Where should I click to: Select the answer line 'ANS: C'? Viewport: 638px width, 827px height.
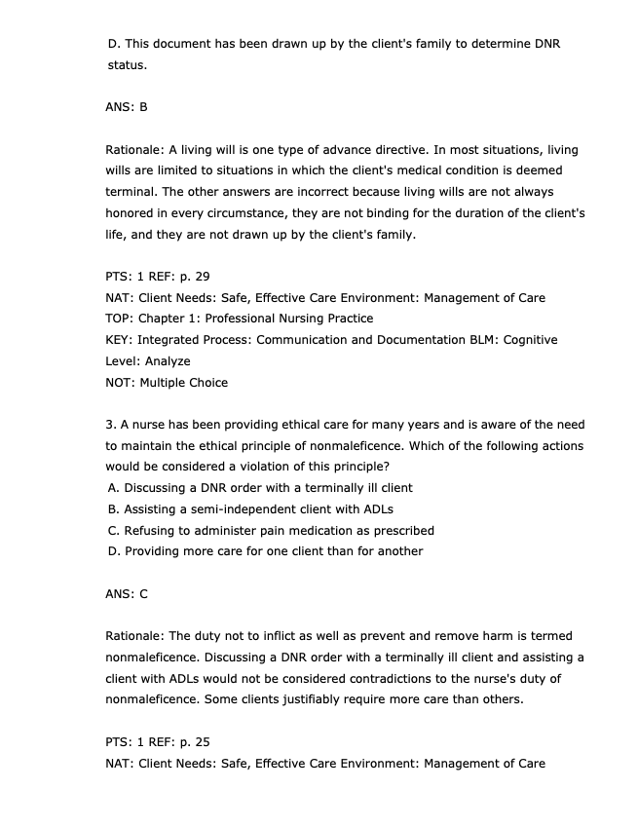pos(126,593)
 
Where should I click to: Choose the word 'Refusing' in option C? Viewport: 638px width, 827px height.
pos(150,531)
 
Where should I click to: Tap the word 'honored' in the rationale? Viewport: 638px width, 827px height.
pos(129,213)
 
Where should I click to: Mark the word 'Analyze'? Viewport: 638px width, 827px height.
pos(167,361)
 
